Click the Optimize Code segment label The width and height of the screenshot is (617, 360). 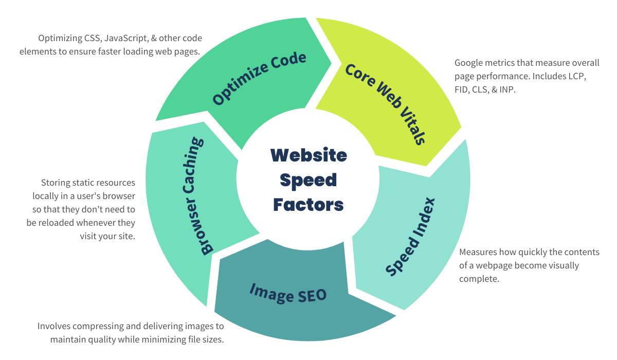click(260, 78)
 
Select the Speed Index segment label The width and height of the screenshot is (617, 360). click(411, 237)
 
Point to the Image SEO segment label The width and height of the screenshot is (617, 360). click(288, 292)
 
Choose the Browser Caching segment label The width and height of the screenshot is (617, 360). click(201, 196)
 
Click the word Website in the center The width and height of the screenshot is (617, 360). click(308, 155)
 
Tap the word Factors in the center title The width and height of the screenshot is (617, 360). click(308, 205)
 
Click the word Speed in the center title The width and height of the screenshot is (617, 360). click(308, 180)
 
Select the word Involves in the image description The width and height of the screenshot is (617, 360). click(54, 326)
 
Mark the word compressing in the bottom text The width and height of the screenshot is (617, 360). click(100, 326)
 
